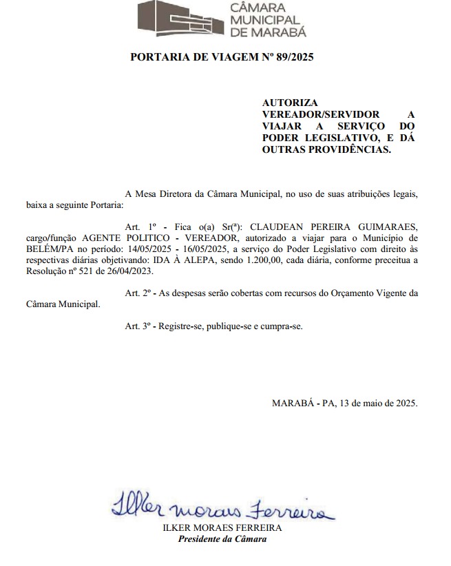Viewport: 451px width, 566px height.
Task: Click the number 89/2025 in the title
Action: pyautogui.click(x=292, y=57)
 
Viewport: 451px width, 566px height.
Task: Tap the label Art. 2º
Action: pyautogui.click(x=138, y=293)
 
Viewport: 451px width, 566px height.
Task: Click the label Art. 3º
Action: pyautogui.click(x=138, y=326)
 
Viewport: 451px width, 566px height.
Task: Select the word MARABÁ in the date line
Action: pyautogui.click(x=296, y=403)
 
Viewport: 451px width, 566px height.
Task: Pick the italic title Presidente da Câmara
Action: pyautogui.click(x=222, y=538)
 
